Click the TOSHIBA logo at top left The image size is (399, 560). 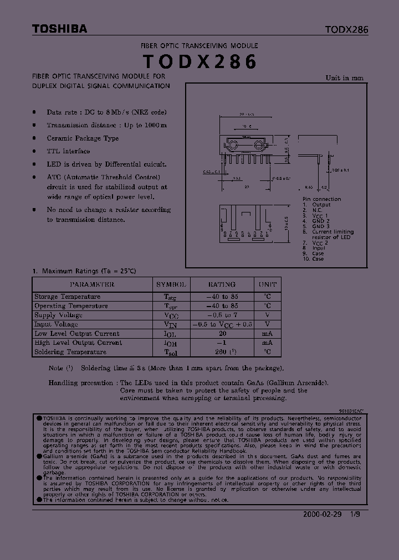(x=59, y=29)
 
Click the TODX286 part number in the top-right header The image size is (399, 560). (x=346, y=29)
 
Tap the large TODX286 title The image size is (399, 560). (x=199, y=62)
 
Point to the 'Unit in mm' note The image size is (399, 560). (x=344, y=78)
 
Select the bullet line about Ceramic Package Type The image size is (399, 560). (x=83, y=138)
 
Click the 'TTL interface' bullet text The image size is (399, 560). (x=68, y=151)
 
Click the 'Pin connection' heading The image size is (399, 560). (x=321, y=199)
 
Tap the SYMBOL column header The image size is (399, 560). (x=171, y=284)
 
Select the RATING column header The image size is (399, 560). (x=222, y=284)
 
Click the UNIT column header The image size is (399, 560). (x=267, y=284)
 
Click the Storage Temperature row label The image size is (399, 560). (x=67, y=297)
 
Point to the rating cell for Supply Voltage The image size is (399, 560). (x=222, y=315)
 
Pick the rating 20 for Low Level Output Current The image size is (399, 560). (x=222, y=334)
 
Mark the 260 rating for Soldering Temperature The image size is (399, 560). (x=222, y=352)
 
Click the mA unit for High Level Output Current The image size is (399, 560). (x=267, y=343)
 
